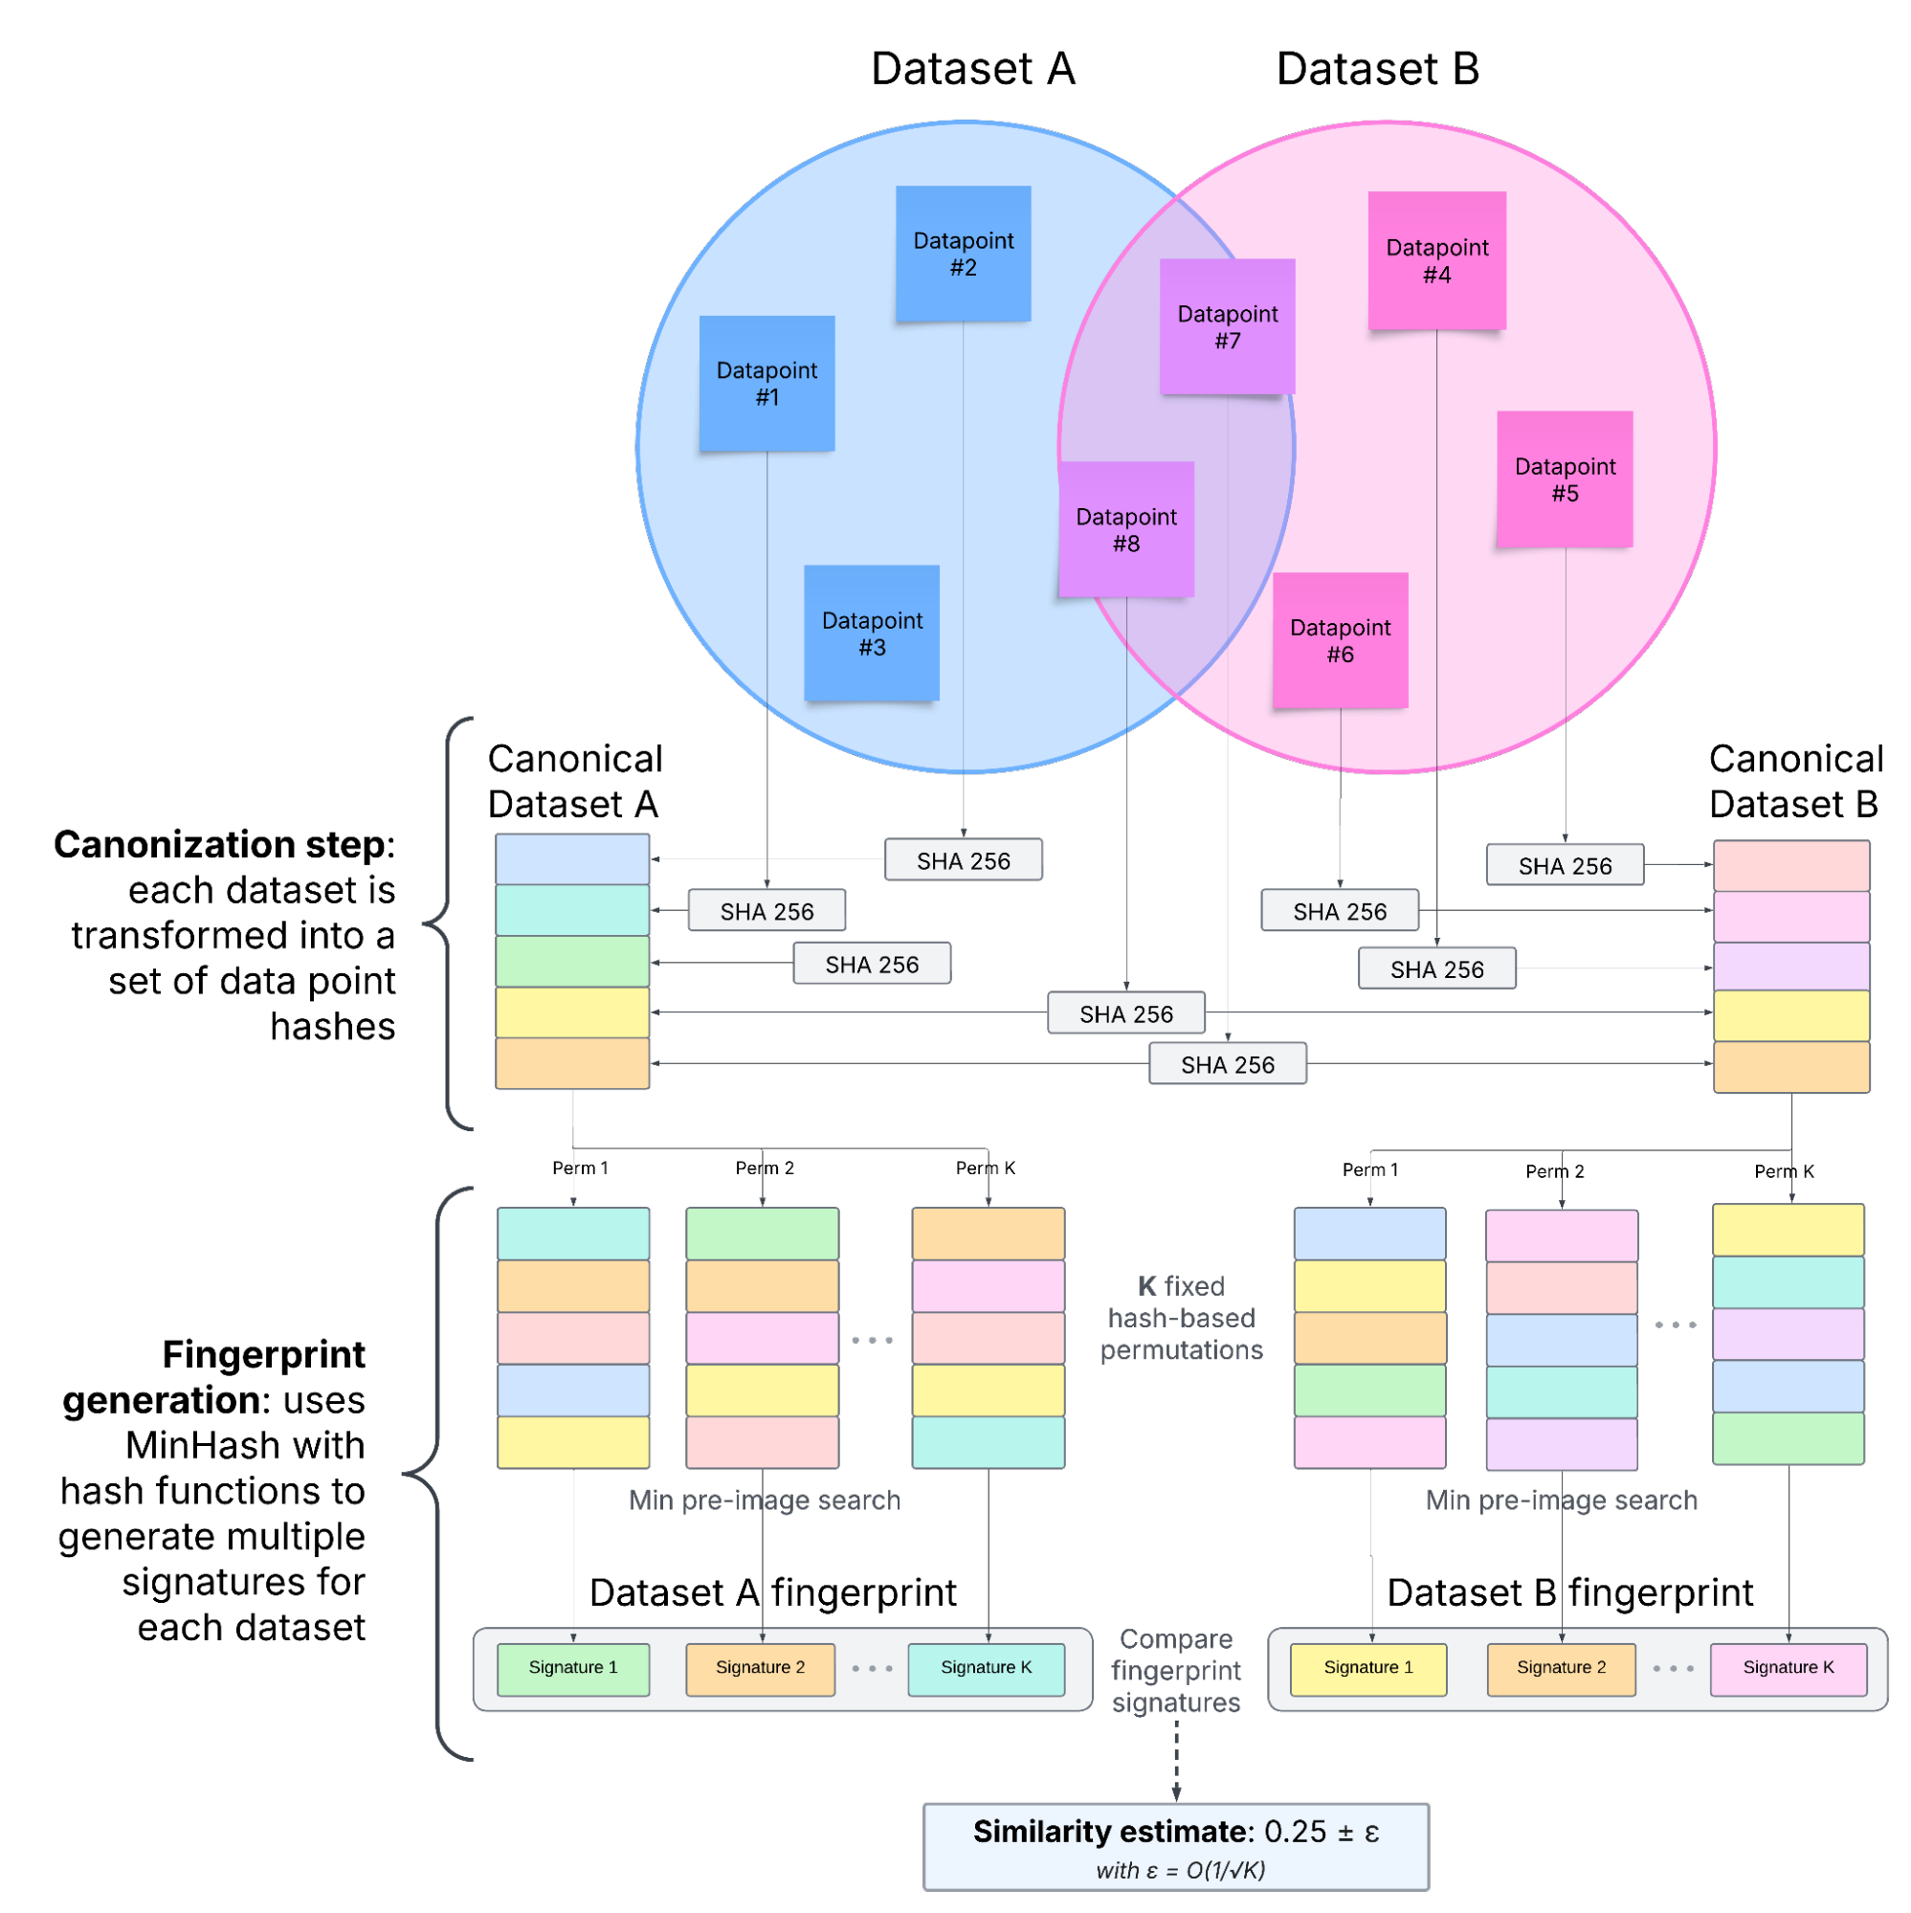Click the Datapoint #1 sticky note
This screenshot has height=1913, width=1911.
767,383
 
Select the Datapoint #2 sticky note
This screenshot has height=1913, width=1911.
963,254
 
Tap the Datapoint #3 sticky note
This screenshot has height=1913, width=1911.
872,633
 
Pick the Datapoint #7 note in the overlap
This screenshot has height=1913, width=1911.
1227,326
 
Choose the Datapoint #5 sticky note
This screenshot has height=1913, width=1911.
1565,479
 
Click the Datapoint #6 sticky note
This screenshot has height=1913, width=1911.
1340,640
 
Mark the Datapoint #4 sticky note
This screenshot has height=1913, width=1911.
1436,260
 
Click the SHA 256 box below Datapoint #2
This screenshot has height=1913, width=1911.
963,860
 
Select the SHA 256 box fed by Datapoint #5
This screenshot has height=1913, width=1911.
1565,865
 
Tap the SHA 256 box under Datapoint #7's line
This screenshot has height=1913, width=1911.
1227,1064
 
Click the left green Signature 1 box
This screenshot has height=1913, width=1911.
572,1668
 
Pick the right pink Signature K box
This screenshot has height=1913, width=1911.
1789,1668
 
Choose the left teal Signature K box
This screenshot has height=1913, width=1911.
987,1668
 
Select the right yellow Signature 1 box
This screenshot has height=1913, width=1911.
1367,1668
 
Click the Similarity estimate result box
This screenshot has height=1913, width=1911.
1175,1847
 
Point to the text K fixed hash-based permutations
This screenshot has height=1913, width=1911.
1181,1318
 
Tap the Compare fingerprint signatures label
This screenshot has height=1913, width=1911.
1175,1671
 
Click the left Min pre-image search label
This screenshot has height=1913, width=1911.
765,1501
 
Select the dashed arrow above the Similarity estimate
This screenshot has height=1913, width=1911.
1176,1761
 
